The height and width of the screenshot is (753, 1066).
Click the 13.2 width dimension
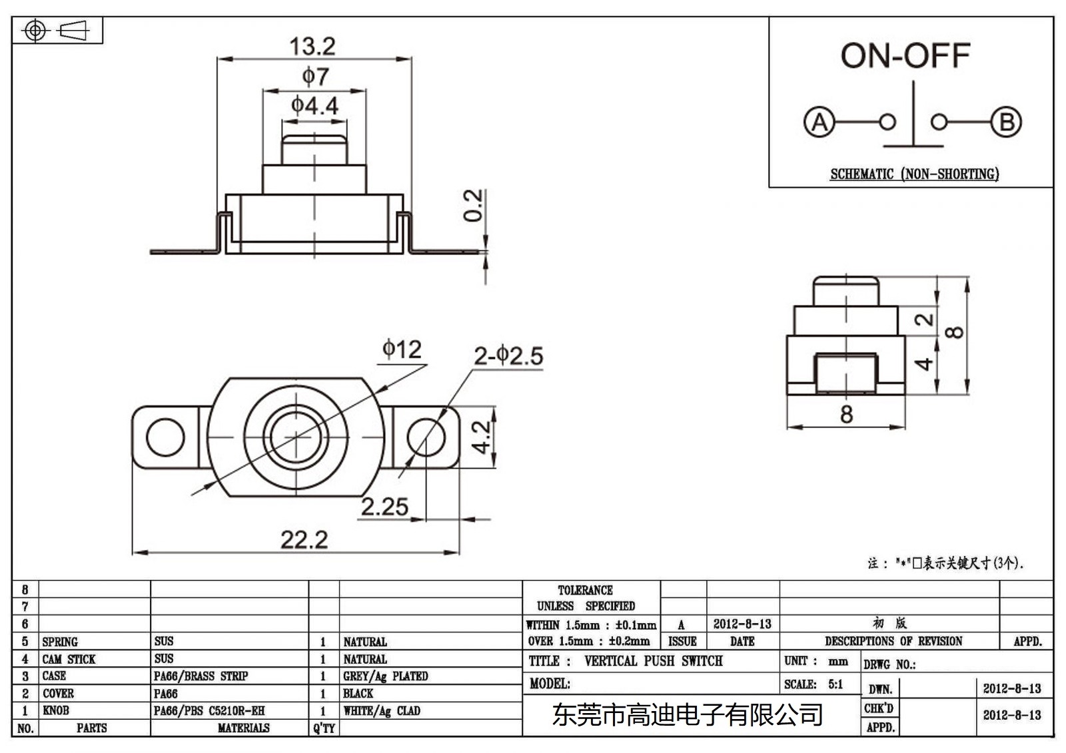tap(312, 47)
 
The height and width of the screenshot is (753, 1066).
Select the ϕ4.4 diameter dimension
tap(314, 105)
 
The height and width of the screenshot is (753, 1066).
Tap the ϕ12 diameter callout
tap(402, 349)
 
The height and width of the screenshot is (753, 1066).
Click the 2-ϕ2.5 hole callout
tap(508, 356)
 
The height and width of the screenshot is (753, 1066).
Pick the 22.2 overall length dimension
tap(304, 539)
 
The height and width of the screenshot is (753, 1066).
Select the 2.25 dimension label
tap(384, 507)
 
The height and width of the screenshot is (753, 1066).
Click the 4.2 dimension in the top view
tap(481, 437)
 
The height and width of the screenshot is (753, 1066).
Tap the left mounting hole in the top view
tap(165, 438)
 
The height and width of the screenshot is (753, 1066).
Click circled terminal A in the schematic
tap(819, 123)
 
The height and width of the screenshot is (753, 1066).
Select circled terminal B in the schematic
tap(1006, 123)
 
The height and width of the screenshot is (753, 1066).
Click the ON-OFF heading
tap(905, 56)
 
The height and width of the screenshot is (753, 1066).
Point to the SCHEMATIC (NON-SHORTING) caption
tap(914, 174)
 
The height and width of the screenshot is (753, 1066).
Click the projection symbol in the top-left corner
tap(57, 31)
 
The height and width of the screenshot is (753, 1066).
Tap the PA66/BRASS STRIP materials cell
tap(201, 676)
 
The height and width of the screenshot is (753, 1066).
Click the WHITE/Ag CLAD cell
tap(382, 711)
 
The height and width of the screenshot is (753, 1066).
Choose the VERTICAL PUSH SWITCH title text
tap(653, 661)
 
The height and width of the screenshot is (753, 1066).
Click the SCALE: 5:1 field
tap(813, 684)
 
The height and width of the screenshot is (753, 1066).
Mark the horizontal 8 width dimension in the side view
tap(846, 415)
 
